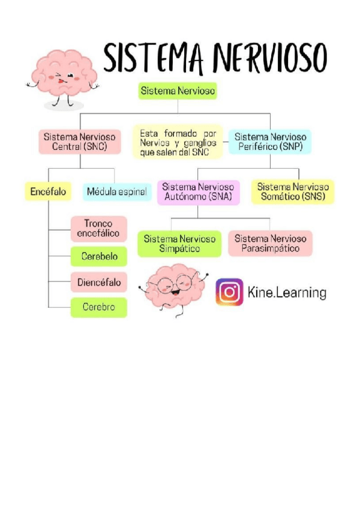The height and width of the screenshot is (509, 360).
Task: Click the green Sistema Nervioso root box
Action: point(177,91)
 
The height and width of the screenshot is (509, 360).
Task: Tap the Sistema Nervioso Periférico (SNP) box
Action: point(270,142)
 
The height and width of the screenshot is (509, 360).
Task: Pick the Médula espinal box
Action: point(116,191)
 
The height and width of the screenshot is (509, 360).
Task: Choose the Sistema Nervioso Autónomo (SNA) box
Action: point(199,191)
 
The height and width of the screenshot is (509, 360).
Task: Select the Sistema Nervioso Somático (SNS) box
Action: point(293,191)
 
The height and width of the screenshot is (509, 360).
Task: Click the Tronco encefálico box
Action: point(98,229)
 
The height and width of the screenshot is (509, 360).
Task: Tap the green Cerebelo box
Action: point(99,257)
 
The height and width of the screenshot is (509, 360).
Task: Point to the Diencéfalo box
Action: point(99,282)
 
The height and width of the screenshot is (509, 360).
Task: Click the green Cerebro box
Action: point(99,307)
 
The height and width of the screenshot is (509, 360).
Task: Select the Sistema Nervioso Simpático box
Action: point(179,243)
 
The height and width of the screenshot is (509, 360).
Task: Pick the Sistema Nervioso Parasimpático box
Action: point(270,243)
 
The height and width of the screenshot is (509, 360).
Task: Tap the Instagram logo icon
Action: point(229,292)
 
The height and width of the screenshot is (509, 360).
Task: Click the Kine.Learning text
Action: point(287,293)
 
